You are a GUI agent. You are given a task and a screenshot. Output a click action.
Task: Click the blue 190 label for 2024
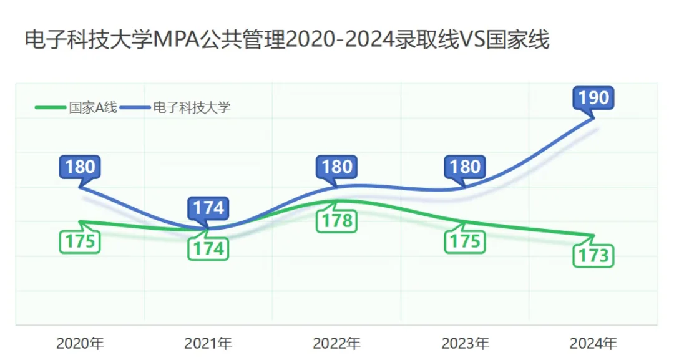[594, 98]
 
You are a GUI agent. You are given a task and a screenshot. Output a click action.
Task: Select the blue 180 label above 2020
[80, 167]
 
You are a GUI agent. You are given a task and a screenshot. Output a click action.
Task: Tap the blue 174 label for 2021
[208, 208]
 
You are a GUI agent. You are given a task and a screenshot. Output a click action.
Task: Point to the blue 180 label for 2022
[337, 167]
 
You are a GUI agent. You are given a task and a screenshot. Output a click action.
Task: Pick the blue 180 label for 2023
[465, 167]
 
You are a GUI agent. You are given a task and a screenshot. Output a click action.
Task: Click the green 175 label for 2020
[80, 241]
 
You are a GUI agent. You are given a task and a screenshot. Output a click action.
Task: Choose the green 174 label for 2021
[208, 249]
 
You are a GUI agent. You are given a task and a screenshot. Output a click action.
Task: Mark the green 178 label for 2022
[337, 220]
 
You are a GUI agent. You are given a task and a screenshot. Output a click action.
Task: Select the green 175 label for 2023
[465, 241]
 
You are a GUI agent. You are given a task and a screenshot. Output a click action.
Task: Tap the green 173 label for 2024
[594, 255]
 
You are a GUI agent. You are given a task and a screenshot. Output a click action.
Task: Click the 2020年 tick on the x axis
[80, 343]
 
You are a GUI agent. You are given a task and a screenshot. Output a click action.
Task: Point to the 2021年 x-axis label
[208, 343]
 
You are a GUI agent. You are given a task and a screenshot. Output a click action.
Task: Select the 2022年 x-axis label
[337, 343]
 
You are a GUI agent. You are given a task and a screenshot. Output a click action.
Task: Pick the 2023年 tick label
[465, 343]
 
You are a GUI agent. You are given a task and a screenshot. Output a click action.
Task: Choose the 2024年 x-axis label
[593, 343]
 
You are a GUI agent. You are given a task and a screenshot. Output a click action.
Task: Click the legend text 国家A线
[92, 107]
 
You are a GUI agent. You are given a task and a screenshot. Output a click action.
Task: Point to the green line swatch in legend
[50, 107]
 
